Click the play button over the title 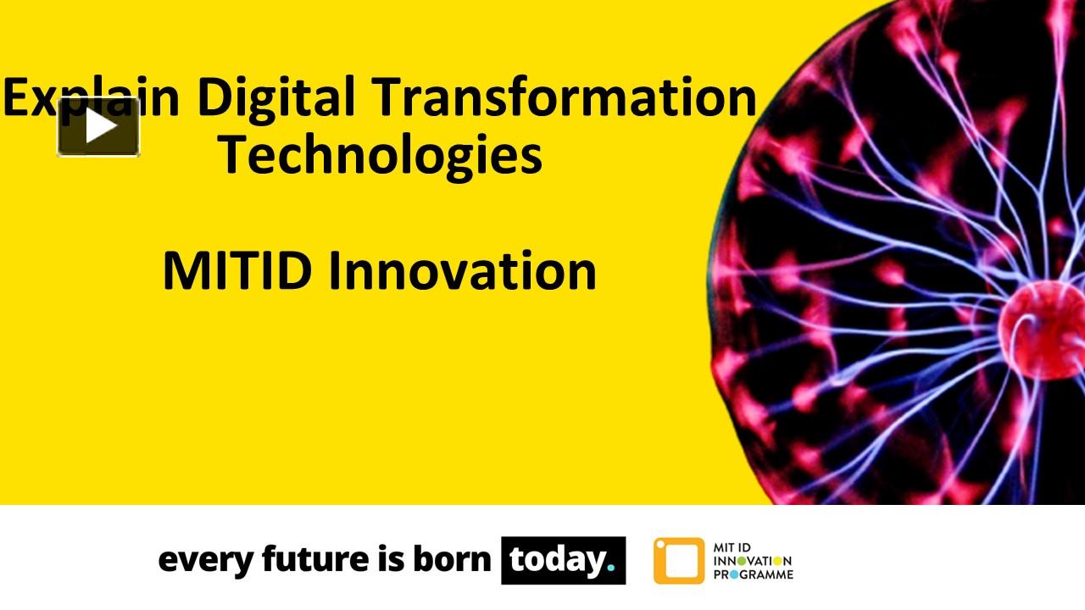point(98,127)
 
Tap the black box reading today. point(563,560)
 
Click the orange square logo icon point(678,561)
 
